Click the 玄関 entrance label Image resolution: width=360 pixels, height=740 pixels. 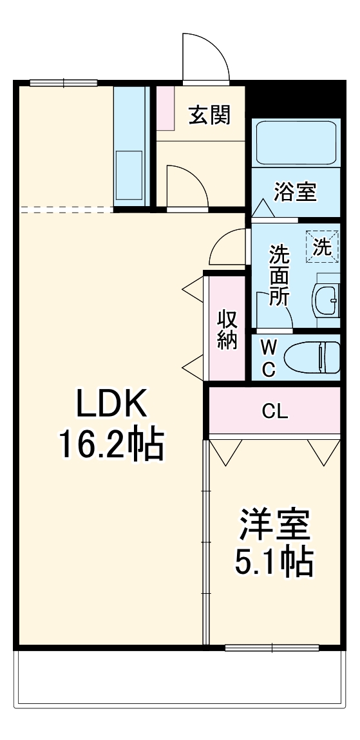[x=209, y=115]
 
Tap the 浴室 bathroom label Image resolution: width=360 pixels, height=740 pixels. [x=295, y=192]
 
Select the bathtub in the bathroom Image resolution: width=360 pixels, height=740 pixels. [x=296, y=143]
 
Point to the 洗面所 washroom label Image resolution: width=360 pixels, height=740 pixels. [x=279, y=275]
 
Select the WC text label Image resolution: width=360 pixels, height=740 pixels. [x=269, y=358]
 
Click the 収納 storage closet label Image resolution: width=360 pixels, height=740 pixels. [x=227, y=329]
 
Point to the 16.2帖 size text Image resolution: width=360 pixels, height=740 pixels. [x=112, y=444]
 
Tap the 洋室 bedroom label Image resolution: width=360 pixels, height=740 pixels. [x=275, y=525]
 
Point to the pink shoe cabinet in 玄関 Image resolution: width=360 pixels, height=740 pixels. [x=165, y=107]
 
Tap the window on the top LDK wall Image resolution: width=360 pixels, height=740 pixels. [x=63, y=82]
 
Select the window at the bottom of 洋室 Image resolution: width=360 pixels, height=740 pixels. [x=272, y=647]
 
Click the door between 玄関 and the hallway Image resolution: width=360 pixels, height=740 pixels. [x=187, y=187]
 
